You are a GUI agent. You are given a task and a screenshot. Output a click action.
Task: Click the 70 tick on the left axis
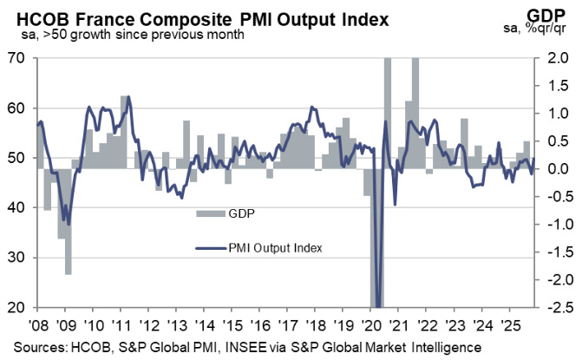tap(18, 58)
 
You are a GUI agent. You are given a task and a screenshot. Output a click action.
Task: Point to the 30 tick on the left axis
tap(18, 258)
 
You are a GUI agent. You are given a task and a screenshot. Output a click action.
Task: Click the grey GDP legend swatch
tap(208, 212)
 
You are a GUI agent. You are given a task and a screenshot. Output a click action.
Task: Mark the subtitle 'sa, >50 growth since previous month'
tap(131, 35)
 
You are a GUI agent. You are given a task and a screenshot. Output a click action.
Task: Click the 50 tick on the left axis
tap(18, 158)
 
